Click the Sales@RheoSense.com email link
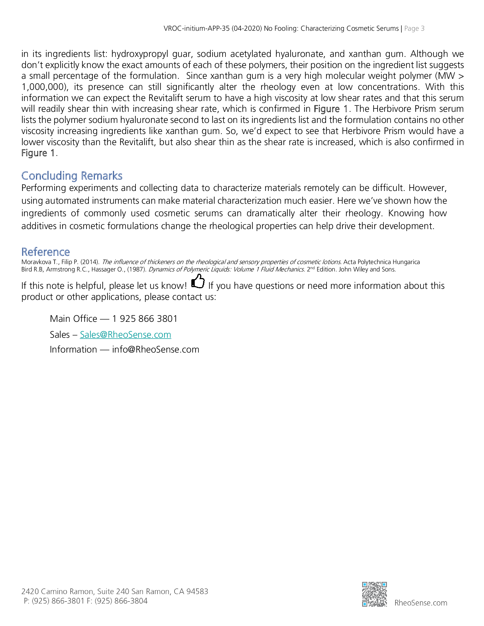(x=125, y=335)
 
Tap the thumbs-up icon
(x=198, y=281)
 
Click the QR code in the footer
(x=374, y=594)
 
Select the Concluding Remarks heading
(x=72, y=176)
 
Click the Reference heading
(x=46, y=252)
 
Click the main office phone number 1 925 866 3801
(x=145, y=319)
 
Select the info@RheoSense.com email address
(x=155, y=349)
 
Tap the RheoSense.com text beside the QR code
(x=421, y=603)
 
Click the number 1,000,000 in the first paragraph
(x=43, y=87)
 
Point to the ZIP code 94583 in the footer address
(x=197, y=591)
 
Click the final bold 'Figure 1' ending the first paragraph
(x=38, y=153)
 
